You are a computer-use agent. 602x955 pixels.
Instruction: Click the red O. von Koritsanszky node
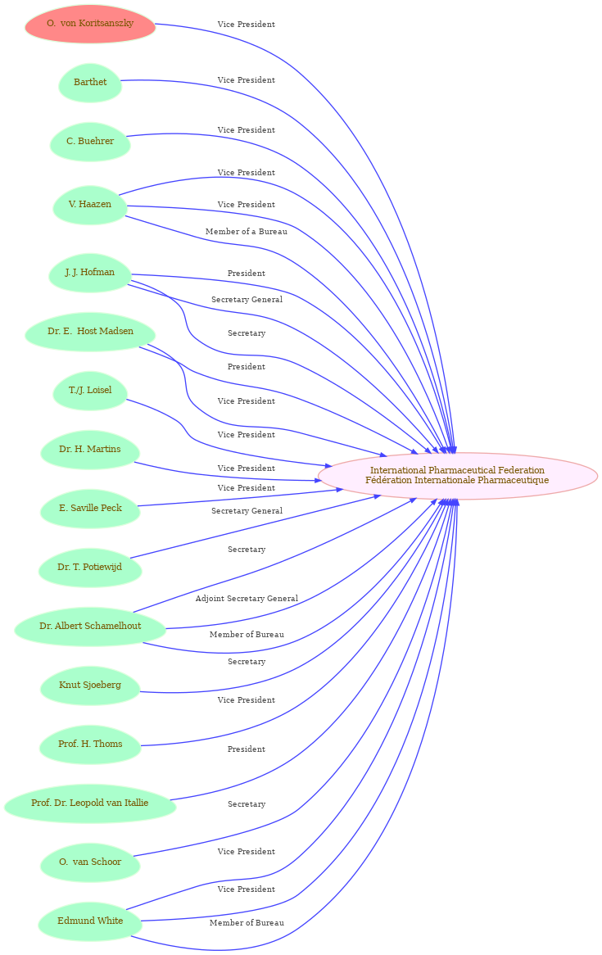click(90, 24)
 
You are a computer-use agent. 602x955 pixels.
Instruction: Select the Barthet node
click(90, 82)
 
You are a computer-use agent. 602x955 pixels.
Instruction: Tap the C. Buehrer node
click(90, 142)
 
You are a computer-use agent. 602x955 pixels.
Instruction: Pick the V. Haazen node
click(90, 205)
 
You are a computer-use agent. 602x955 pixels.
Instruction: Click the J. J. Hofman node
click(90, 272)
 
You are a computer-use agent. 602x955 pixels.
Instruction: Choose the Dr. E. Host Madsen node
click(90, 332)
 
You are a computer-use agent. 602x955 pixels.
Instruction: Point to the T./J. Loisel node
click(90, 391)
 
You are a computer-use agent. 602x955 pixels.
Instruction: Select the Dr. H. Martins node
click(90, 450)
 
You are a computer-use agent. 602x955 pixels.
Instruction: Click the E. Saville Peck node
click(90, 509)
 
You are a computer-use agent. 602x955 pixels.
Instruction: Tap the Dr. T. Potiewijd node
click(90, 568)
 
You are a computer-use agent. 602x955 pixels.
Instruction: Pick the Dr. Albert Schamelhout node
click(90, 626)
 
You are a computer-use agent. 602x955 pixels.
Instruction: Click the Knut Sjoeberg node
click(90, 686)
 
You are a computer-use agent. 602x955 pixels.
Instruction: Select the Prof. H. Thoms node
click(90, 745)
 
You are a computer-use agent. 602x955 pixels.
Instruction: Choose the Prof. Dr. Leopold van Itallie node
click(90, 803)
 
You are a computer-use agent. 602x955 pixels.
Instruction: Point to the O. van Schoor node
click(90, 862)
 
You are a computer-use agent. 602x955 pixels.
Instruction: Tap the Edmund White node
click(90, 921)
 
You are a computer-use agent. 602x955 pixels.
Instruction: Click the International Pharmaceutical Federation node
click(457, 476)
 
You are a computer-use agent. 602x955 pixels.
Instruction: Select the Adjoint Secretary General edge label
click(247, 599)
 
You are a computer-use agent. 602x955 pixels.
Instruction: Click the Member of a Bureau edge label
click(247, 232)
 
